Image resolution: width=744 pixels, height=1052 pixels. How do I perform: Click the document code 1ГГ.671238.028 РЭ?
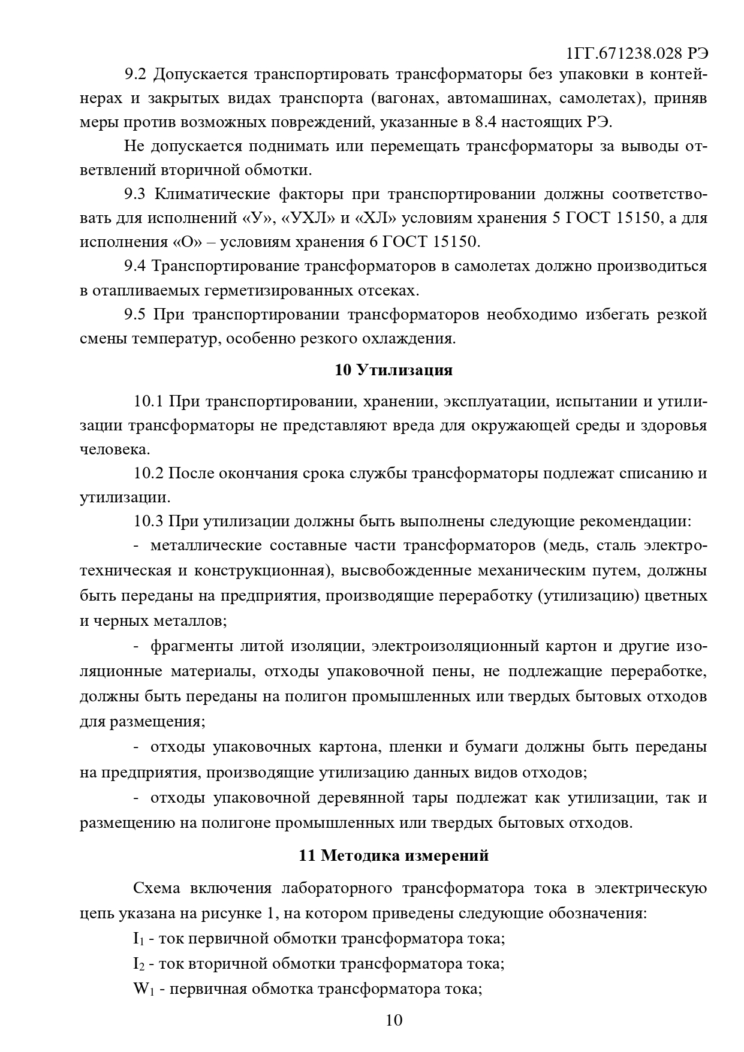(637, 53)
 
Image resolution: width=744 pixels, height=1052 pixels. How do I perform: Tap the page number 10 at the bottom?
(394, 1020)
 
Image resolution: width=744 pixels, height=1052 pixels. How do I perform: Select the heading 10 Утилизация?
(393, 370)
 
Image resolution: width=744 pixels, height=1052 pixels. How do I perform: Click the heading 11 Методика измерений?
(393, 855)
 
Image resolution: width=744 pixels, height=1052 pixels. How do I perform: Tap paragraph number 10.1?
(149, 401)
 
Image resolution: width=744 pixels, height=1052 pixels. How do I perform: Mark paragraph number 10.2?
(149, 473)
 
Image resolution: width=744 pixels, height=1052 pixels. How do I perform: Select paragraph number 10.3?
(149, 521)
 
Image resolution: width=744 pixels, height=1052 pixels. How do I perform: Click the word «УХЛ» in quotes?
(309, 218)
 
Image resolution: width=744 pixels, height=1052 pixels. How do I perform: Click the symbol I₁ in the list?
(138, 939)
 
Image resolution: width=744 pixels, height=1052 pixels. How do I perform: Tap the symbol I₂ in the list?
(138, 964)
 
